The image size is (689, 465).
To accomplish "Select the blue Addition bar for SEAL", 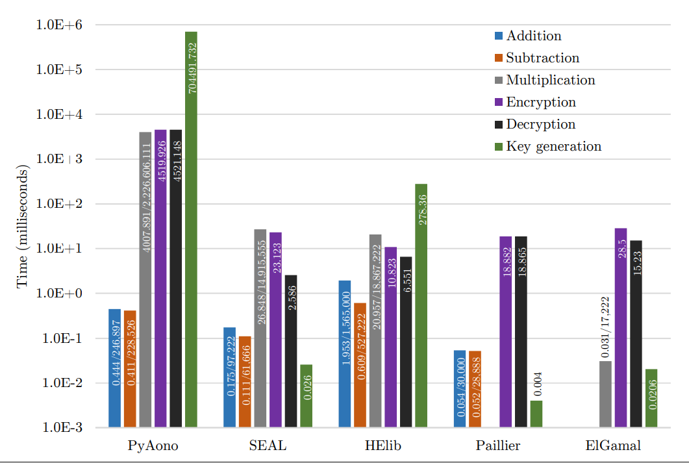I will (x=229, y=377).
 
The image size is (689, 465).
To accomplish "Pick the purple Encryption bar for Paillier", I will (x=506, y=331).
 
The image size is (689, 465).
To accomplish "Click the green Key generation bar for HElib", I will (x=421, y=305).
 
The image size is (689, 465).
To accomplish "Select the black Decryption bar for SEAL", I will (x=291, y=351).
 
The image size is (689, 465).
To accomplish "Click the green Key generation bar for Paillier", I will (x=536, y=414).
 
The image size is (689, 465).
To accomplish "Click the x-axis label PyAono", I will (x=153, y=446).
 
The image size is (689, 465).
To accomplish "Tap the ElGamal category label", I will (x=613, y=446).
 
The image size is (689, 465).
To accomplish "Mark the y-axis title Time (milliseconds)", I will (x=22, y=227).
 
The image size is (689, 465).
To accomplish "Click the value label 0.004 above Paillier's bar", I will (x=537, y=384).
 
